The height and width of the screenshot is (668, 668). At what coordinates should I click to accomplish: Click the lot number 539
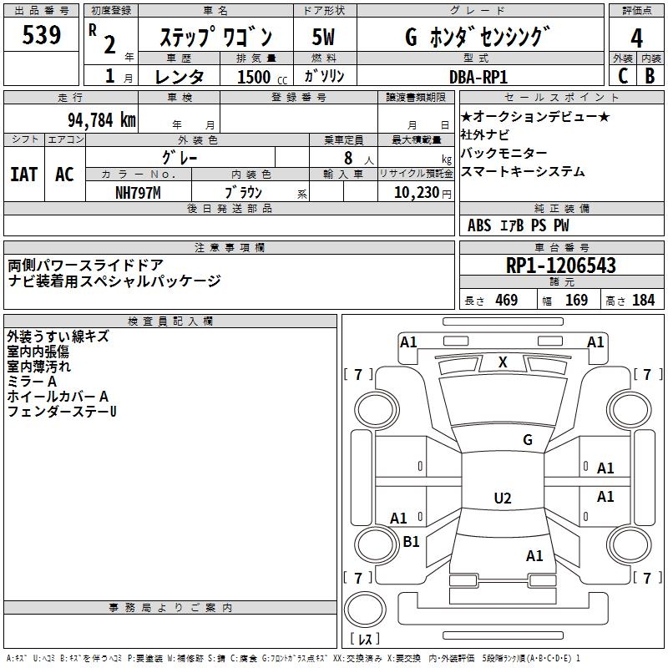tap(41, 35)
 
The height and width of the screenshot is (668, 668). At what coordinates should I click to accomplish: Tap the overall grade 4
tap(636, 38)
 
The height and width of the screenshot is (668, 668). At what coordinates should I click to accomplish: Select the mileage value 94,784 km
tap(101, 120)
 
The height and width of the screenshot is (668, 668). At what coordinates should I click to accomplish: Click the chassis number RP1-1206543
tap(561, 266)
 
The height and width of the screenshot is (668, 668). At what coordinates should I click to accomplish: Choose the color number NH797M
tap(138, 193)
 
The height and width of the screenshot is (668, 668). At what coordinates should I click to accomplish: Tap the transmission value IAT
tap(24, 175)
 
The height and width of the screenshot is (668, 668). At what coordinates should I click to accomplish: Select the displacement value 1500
tap(254, 77)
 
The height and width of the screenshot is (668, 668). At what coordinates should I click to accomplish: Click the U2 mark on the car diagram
tap(502, 498)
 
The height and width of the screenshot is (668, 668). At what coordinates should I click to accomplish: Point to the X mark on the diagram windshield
tap(503, 362)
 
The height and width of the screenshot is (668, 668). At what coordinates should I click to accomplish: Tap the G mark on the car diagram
tap(528, 440)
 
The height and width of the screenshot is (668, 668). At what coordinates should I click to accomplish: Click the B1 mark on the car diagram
tap(411, 542)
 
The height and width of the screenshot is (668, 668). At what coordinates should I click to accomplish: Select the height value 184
tap(643, 301)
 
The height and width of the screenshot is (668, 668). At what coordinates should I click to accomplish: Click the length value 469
tap(506, 301)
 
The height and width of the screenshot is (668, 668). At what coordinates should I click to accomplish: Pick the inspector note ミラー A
tap(32, 381)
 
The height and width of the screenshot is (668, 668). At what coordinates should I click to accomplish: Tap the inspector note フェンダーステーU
tap(62, 411)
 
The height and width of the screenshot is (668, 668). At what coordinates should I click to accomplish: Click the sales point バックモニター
tap(504, 154)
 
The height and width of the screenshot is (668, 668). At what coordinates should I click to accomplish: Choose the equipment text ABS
tap(479, 225)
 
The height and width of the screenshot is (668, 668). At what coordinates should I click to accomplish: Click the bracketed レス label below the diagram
tap(366, 640)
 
